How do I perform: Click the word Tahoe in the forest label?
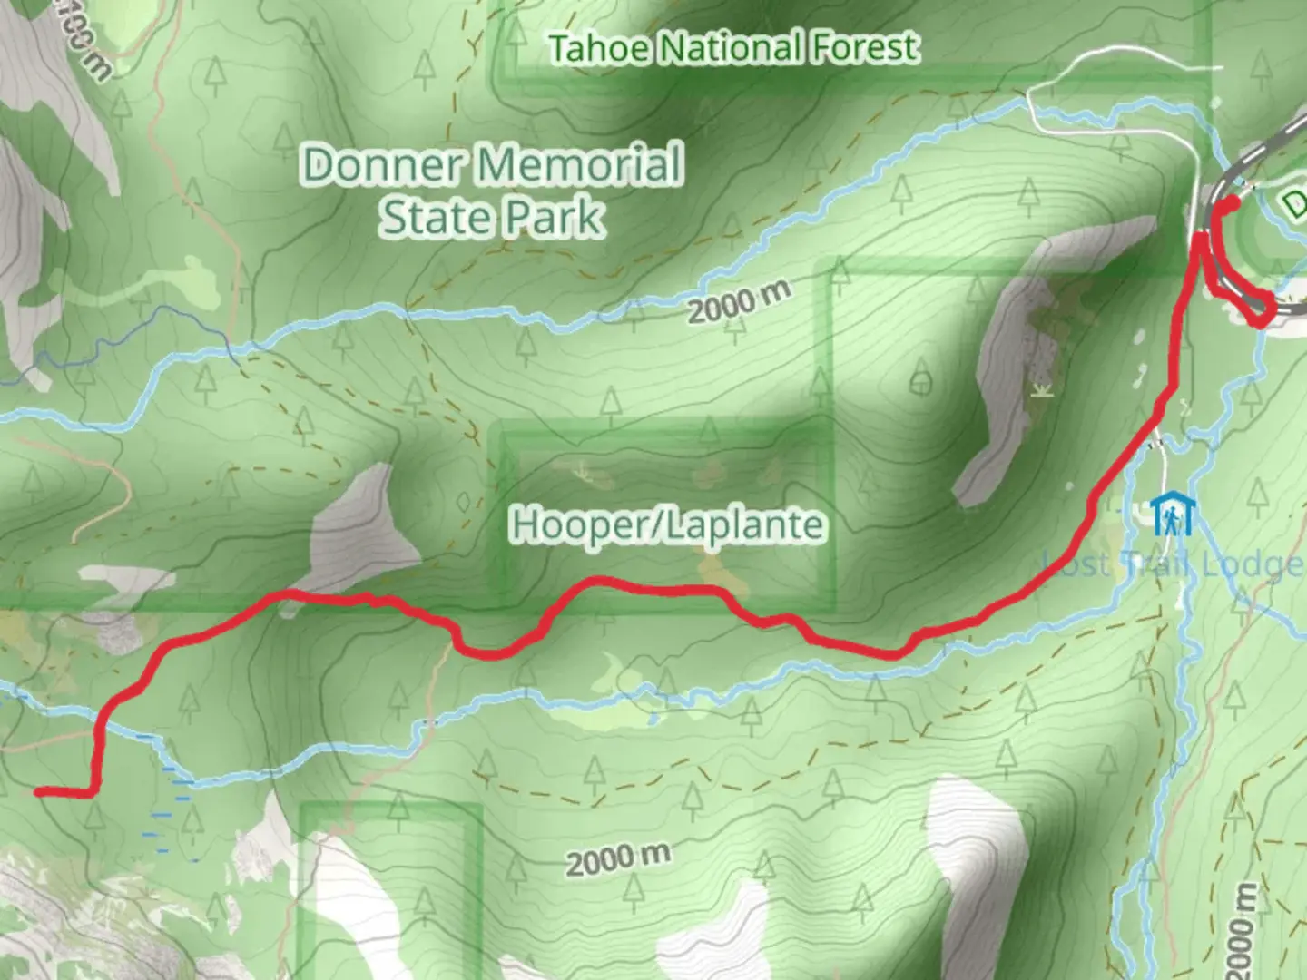pyautogui.click(x=600, y=48)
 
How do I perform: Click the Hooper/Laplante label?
pyautogui.click(x=667, y=524)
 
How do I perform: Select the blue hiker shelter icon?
pyautogui.click(x=1173, y=514)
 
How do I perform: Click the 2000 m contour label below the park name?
pyautogui.click(x=738, y=303)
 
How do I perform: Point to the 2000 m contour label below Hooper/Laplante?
pyautogui.click(x=618, y=858)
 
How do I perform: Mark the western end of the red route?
pyautogui.click(x=39, y=792)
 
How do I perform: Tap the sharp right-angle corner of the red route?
pyautogui.click(x=92, y=792)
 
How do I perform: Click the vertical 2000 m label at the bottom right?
pyautogui.click(x=1244, y=930)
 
